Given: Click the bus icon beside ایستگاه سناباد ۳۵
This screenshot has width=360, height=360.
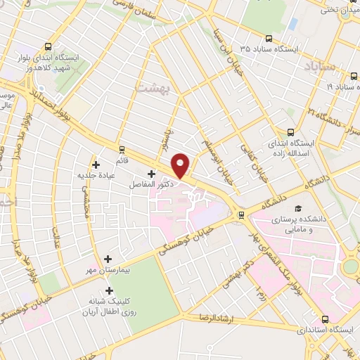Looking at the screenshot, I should tap(269, 39).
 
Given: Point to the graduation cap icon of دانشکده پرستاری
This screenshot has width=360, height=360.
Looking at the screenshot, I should tap(298, 209).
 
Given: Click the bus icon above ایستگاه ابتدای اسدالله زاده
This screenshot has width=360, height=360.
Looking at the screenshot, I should tap(291, 131).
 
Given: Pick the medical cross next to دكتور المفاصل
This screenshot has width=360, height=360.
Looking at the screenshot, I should tap(152, 173).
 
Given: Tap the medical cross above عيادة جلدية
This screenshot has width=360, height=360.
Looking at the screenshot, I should tap(96, 165).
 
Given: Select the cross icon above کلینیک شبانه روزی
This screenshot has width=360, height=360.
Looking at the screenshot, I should tap(108, 290).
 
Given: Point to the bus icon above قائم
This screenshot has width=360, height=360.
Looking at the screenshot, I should tap(122, 149).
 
